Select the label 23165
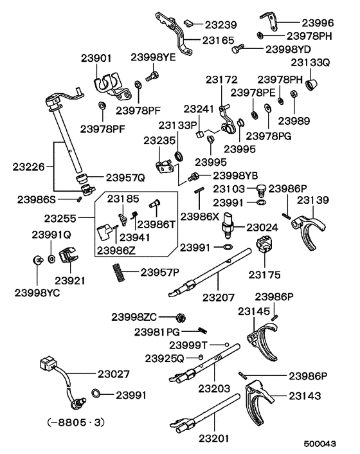click(220, 39)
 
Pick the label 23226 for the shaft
click(30, 167)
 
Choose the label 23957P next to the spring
click(157, 272)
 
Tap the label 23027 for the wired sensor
click(113, 374)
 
